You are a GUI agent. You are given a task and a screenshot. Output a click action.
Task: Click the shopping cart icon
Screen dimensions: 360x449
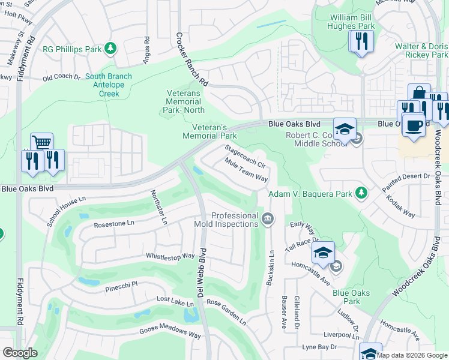41,143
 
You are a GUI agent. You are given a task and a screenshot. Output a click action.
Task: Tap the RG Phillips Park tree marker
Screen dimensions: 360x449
110,47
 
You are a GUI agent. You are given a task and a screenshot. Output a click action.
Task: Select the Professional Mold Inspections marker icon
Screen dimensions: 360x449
268,220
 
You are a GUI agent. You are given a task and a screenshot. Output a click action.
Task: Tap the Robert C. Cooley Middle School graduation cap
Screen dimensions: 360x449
345,129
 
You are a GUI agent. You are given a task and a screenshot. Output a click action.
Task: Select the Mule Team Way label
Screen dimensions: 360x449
245,169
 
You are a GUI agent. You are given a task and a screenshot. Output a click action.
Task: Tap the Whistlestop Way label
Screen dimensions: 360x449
170,256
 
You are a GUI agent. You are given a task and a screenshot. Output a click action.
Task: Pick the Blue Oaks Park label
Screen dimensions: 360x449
351,297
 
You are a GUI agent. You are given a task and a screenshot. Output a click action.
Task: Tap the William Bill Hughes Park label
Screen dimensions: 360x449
352,22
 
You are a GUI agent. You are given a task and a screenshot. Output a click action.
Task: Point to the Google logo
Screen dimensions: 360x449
20,353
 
